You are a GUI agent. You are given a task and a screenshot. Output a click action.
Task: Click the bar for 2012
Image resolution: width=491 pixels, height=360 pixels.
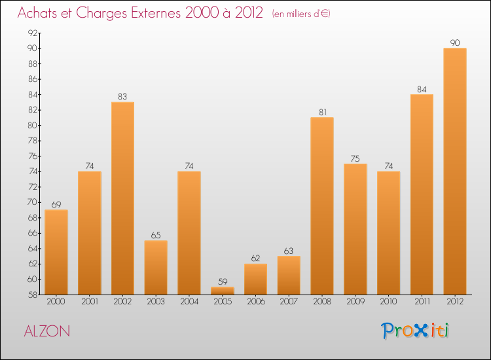(x=454, y=171)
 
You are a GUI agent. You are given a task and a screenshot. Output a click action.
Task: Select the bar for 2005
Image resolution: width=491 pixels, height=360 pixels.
(x=223, y=291)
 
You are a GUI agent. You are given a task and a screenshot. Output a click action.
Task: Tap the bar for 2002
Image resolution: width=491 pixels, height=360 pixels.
(x=122, y=198)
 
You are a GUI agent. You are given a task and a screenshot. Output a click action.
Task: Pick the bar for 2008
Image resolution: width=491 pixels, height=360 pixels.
(x=322, y=206)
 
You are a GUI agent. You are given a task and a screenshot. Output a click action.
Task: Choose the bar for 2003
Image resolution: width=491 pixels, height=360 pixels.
(x=156, y=267)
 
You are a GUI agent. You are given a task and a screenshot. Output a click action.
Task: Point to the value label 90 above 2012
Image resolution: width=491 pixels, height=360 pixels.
(x=454, y=43)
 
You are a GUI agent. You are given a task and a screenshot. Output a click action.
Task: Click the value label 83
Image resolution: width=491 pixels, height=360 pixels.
(x=122, y=96)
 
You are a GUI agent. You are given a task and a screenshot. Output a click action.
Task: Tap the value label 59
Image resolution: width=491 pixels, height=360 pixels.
(x=223, y=281)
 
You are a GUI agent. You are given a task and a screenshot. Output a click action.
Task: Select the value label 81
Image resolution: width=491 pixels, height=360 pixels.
(x=322, y=112)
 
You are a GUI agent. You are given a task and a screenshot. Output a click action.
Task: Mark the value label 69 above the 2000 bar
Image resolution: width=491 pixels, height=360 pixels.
(x=56, y=204)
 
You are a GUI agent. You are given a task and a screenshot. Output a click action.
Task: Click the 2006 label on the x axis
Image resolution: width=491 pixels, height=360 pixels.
(x=255, y=302)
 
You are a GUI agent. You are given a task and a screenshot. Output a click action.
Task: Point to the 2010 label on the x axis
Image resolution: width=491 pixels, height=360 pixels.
(x=388, y=302)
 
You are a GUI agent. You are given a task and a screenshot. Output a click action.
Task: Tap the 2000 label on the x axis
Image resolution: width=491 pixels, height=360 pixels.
(x=56, y=302)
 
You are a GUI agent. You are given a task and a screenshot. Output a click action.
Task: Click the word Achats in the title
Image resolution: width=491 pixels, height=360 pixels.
(x=40, y=13)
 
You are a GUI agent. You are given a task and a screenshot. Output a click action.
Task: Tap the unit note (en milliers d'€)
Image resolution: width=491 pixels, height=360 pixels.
(x=300, y=14)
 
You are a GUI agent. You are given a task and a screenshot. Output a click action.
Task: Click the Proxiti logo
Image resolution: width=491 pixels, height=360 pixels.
(x=415, y=331)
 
